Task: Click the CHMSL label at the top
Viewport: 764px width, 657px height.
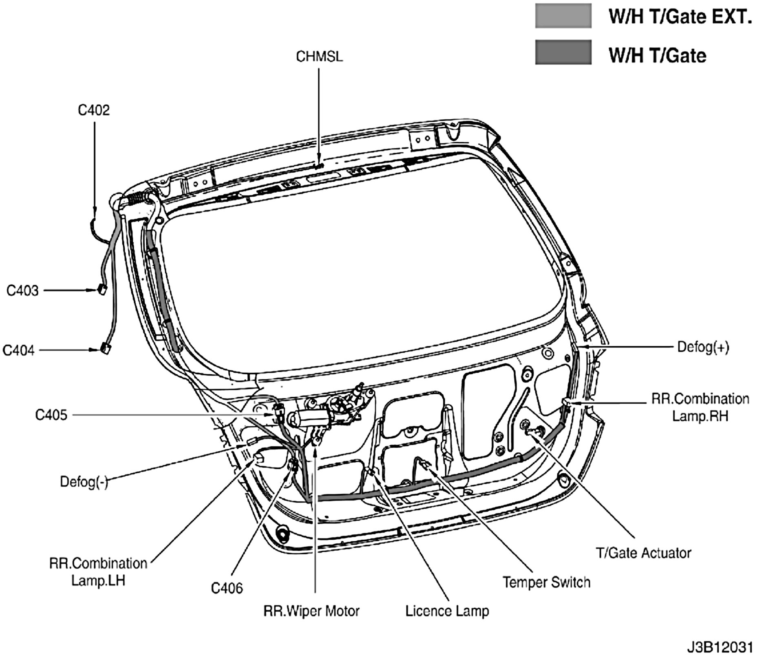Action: (319, 57)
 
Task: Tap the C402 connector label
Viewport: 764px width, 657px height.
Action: (94, 110)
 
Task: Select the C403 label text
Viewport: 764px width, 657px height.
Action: (22, 290)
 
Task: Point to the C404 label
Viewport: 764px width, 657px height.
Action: (19, 350)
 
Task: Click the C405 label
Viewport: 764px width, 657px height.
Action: (51, 415)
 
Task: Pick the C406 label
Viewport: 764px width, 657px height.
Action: (227, 588)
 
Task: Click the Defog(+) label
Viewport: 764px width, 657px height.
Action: (703, 347)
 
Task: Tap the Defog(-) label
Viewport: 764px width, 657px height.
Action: (84, 482)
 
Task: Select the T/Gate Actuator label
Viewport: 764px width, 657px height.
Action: (643, 553)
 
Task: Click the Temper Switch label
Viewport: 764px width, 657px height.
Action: (546, 582)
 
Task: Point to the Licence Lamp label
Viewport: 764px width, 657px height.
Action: (447, 611)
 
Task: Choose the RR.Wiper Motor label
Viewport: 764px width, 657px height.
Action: (311, 611)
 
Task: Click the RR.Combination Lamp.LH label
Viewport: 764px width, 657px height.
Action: (98, 571)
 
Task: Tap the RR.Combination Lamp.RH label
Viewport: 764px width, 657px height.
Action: (700, 407)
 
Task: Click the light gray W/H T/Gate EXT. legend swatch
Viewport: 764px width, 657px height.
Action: (563, 15)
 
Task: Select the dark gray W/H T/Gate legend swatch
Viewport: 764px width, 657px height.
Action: (563, 52)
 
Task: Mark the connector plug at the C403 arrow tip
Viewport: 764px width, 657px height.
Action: (102, 290)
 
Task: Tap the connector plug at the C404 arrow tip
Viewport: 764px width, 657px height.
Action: (105, 349)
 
